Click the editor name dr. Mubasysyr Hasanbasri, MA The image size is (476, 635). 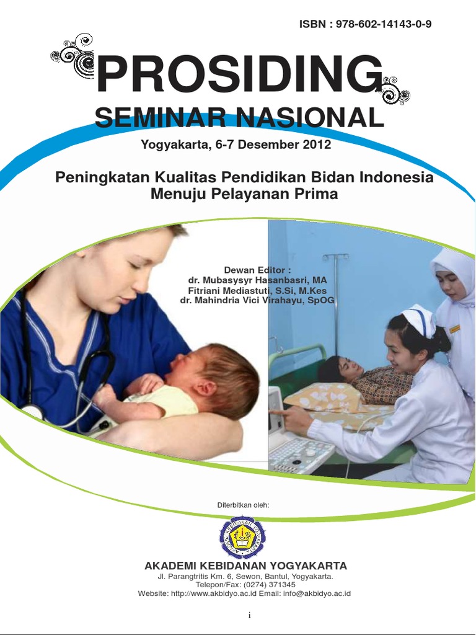click(257, 280)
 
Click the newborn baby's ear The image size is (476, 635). click(205, 389)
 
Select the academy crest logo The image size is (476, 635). click(242, 537)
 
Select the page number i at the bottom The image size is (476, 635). click(249, 615)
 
